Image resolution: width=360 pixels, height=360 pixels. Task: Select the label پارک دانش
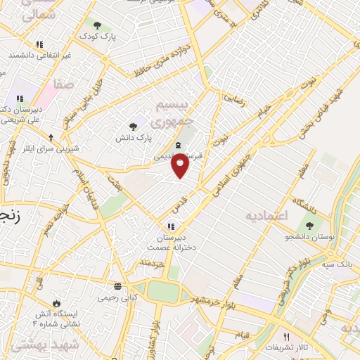tap(130, 139)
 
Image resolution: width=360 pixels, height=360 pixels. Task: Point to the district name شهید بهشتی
tap(32, 346)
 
